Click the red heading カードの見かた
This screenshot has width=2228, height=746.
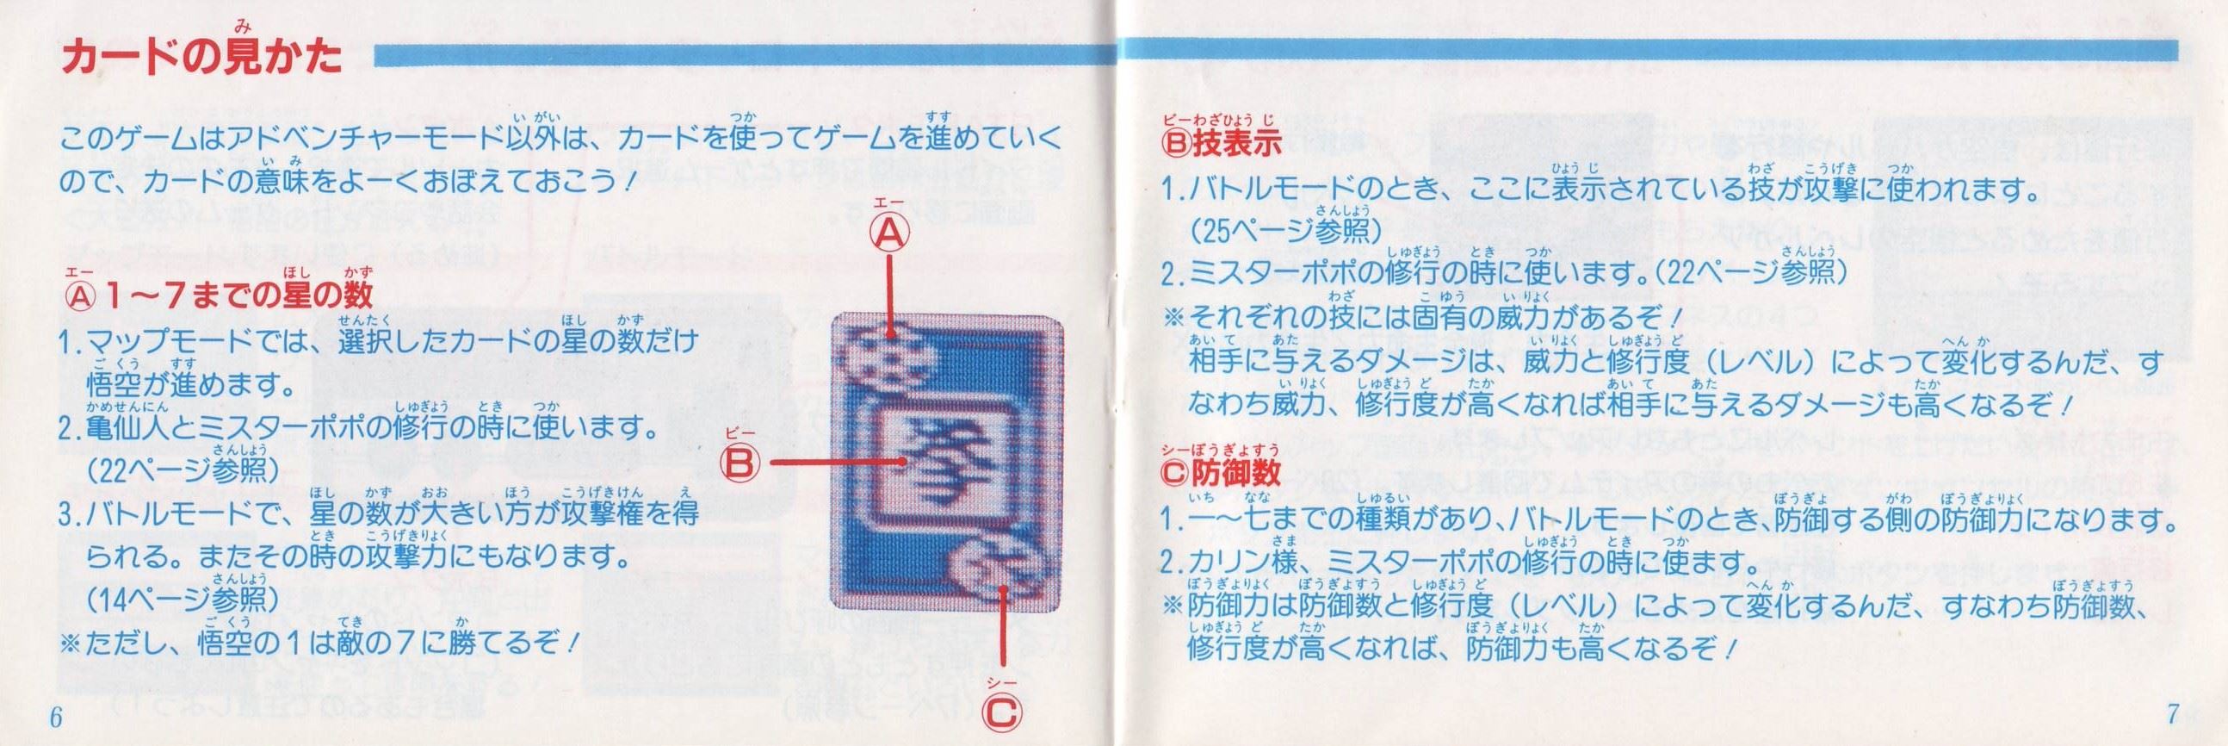point(201,56)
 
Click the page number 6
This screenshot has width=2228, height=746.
point(57,718)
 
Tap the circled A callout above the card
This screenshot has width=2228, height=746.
point(890,233)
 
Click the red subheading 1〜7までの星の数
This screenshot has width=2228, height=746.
point(219,295)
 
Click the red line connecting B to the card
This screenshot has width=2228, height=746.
point(837,463)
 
